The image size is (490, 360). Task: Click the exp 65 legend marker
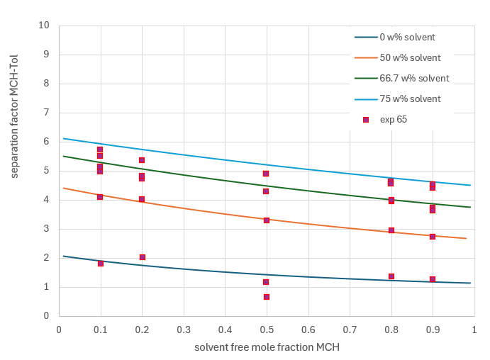coord(366,120)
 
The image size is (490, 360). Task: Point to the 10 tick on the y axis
coord(45,26)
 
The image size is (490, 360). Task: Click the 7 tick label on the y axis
coord(47,113)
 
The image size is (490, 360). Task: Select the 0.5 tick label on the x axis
coord(267,330)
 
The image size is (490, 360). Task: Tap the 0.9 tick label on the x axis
coord(433,330)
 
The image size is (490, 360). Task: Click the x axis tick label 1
coord(474,330)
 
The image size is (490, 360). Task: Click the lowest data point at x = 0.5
coord(267,297)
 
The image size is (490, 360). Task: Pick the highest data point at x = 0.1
coord(100,150)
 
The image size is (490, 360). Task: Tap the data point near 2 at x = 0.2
coord(142,257)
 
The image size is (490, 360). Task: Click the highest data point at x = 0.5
coord(266,174)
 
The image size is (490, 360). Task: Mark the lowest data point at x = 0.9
coord(433,279)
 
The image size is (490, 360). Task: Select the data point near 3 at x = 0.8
coord(391,230)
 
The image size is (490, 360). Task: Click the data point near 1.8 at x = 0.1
coord(101,264)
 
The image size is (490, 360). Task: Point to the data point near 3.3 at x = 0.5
coord(267,220)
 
